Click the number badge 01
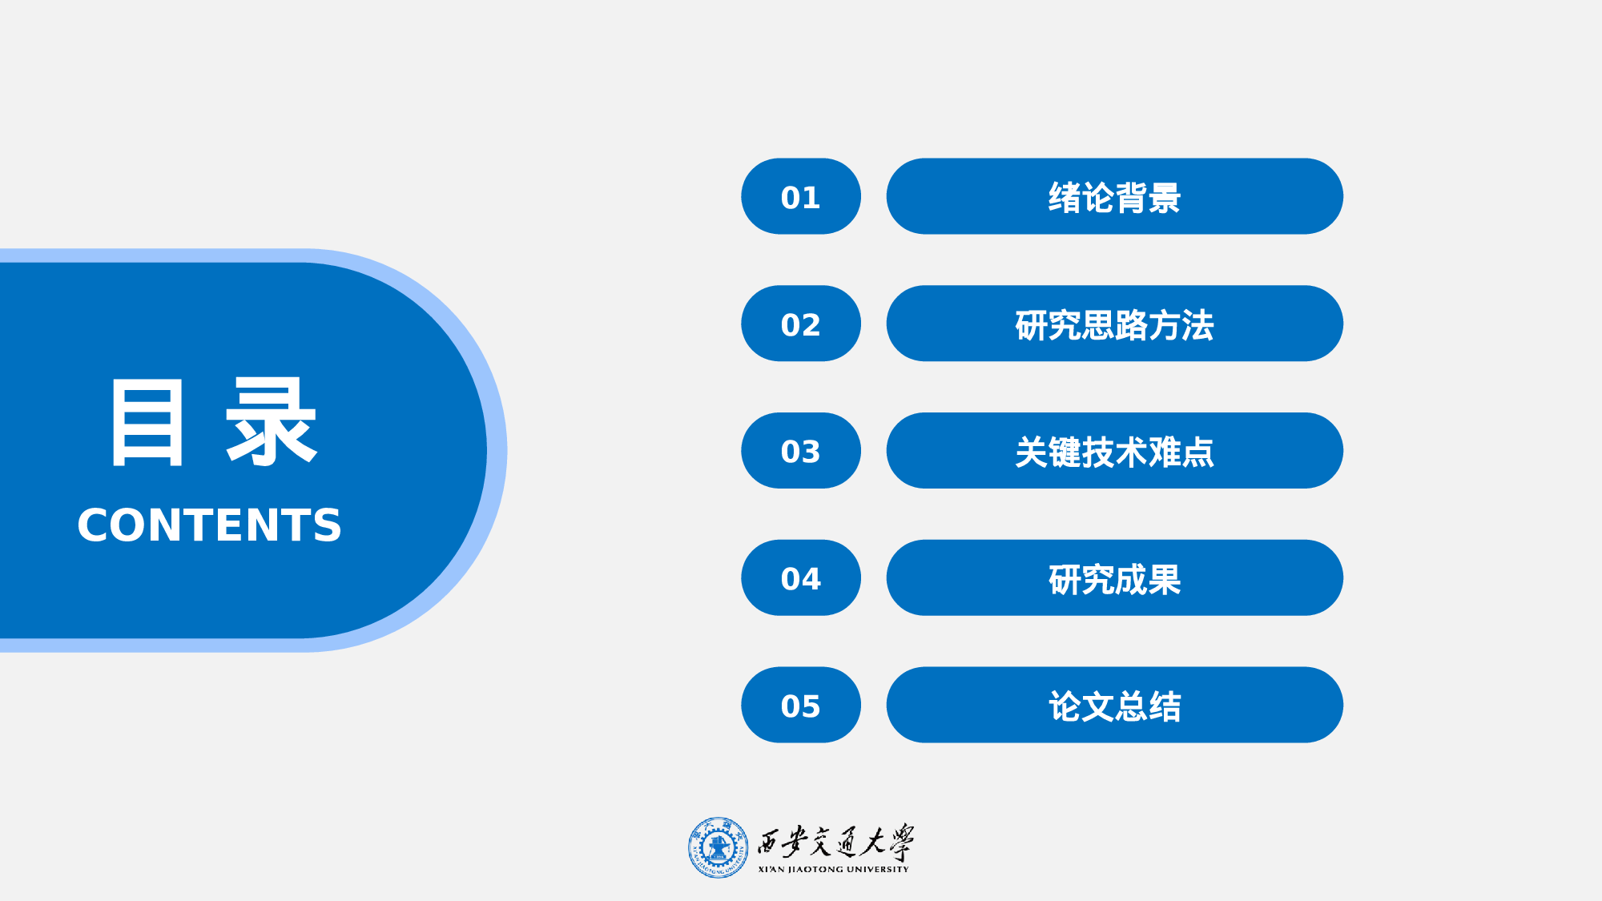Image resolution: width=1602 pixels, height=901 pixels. (x=800, y=196)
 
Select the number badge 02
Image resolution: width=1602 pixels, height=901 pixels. (x=800, y=324)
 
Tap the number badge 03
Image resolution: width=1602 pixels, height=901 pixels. (x=800, y=451)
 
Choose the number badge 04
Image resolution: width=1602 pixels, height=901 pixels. (x=800, y=577)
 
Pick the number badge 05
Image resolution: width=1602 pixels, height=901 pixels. (x=800, y=705)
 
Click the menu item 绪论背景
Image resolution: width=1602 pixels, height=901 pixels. (x=1113, y=196)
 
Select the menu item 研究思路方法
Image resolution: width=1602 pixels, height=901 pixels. (x=1113, y=324)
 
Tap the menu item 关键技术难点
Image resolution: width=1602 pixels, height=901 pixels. (x=1113, y=451)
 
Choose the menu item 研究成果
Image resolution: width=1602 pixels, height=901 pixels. (x=1113, y=577)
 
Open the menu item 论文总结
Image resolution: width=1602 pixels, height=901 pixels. (x=1113, y=705)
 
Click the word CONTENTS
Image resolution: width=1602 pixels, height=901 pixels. (x=209, y=525)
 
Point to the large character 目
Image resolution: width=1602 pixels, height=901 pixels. (x=147, y=422)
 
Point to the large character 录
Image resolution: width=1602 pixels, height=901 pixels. (x=272, y=422)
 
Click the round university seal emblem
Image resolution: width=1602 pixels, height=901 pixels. (x=718, y=847)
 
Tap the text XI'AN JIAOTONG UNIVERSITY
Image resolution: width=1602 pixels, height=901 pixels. (x=833, y=869)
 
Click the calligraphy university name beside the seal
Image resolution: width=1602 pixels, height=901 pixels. (x=835, y=842)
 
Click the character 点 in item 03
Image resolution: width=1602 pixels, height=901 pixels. (x=1197, y=453)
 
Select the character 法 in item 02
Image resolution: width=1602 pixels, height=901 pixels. (x=1197, y=325)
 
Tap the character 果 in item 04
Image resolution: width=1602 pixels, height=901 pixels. (x=1165, y=579)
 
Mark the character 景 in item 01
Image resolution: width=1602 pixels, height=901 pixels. (x=1165, y=198)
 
